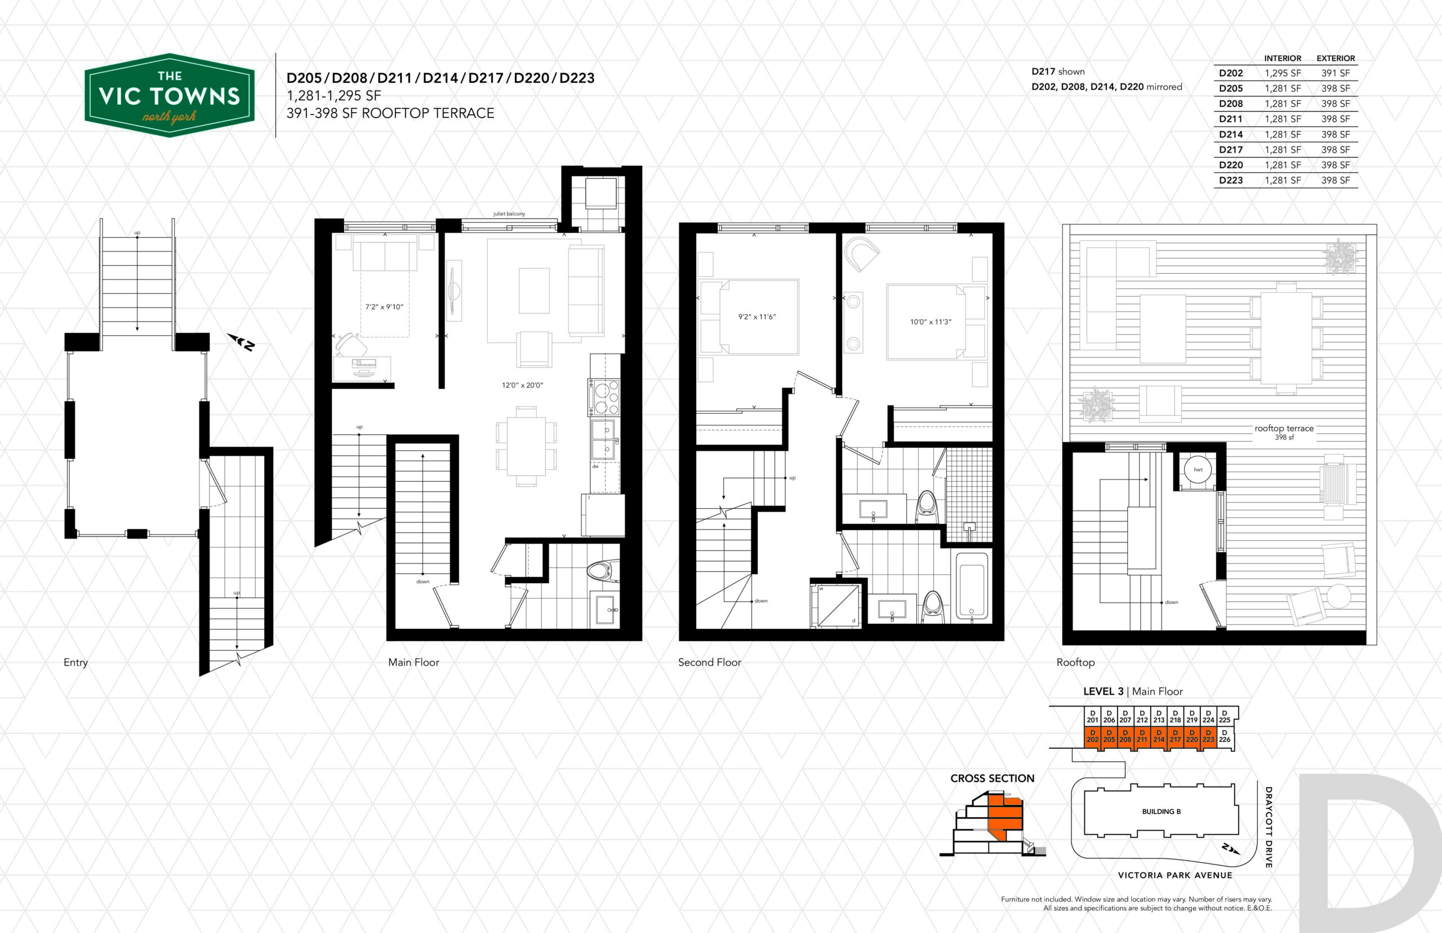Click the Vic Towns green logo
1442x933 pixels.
tap(170, 95)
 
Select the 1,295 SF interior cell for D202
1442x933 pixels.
tap(1283, 73)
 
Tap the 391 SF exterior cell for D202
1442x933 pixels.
tap(1336, 73)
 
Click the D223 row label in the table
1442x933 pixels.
tap(1231, 180)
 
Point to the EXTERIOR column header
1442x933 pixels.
tap(1336, 58)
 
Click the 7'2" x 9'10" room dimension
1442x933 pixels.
tap(384, 307)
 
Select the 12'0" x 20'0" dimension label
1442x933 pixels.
tap(522, 385)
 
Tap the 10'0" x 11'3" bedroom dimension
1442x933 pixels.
tap(930, 322)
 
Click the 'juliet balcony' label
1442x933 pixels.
tap(509, 214)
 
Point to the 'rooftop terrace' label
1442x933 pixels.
tap(1284, 428)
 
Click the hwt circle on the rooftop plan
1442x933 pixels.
tap(1198, 469)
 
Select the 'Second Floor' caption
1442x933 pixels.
tap(709, 662)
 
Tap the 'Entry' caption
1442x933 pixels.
tap(75, 663)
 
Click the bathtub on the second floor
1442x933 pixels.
tap(972, 585)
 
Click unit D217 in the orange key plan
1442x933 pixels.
tap(1175, 736)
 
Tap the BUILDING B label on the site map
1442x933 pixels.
tap(1161, 812)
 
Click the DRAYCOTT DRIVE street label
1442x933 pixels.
tap(1268, 827)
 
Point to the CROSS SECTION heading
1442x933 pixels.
tap(992, 779)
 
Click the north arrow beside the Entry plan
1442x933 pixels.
tap(241, 343)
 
